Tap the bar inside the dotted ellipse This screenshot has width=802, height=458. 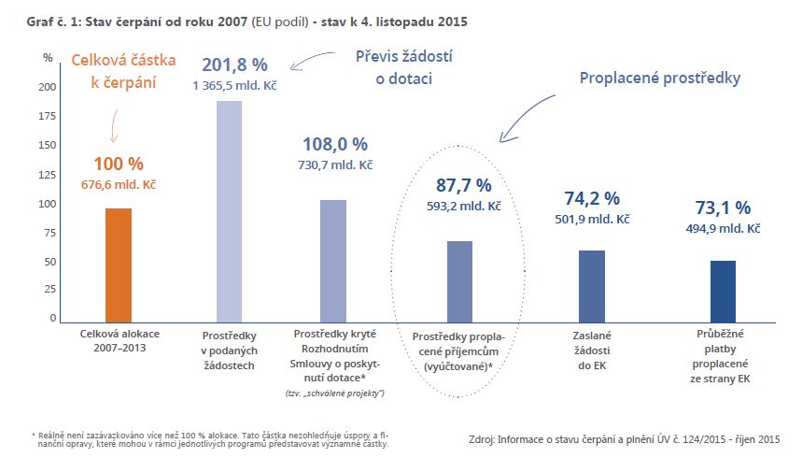pyautogui.click(x=459, y=281)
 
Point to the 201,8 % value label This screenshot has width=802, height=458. pyautogui.click(x=235, y=65)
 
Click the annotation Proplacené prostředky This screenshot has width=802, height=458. pyautogui.click(x=660, y=79)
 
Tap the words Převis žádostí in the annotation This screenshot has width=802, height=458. pyautogui.click(x=403, y=56)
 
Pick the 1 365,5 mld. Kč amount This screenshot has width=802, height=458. pyautogui.click(x=235, y=86)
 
